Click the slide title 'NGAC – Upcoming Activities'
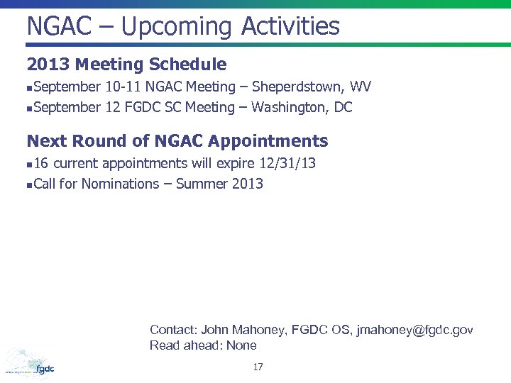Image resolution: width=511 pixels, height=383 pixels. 183,27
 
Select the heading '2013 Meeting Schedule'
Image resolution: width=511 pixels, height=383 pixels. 126,65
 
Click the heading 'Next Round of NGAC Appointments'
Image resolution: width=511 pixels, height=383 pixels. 177,140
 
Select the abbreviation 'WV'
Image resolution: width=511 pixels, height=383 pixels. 361,87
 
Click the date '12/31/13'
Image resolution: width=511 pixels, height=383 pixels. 287,164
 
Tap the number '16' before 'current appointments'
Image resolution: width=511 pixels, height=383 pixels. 41,164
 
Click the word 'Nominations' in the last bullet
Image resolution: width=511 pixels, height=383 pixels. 120,184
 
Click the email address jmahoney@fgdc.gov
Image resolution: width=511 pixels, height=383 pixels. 414,330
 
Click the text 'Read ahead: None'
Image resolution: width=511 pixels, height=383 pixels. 203,345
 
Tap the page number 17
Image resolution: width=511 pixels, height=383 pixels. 258,367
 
